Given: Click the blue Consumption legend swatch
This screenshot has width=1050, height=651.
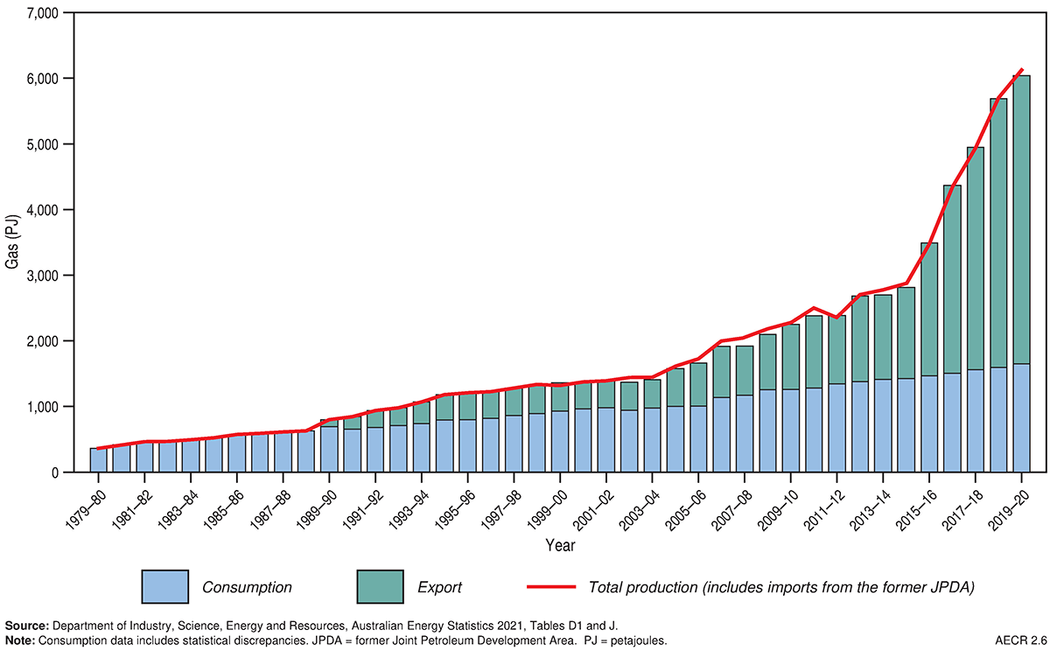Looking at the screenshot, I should tap(164, 586).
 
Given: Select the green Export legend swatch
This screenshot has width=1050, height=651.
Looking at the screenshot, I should tap(380, 586).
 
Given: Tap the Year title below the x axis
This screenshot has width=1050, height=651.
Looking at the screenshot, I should tap(560, 545).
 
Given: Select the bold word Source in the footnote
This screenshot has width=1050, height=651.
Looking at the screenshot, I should tap(26, 626).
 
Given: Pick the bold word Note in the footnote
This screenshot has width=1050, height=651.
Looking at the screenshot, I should tap(20, 640).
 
